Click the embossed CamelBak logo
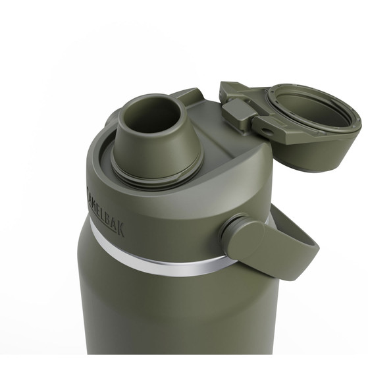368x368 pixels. [106, 211]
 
